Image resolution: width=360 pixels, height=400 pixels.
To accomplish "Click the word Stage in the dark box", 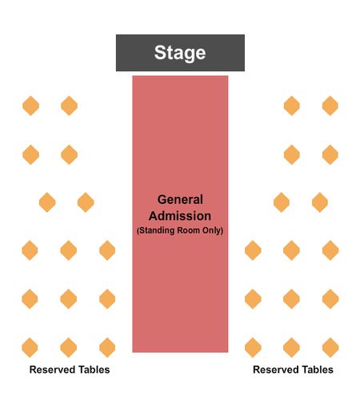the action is [x=180, y=53].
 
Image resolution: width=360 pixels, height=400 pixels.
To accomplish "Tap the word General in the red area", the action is [x=180, y=199].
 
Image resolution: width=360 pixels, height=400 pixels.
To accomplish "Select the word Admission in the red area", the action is [x=180, y=216].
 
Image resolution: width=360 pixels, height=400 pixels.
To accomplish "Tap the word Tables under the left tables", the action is [x=92, y=370].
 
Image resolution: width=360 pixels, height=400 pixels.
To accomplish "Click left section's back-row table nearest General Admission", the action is [x=107, y=347].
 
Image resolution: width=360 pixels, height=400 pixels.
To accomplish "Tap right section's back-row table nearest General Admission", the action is [x=253, y=347].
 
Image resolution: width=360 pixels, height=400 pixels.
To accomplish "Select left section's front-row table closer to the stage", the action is [x=69, y=106].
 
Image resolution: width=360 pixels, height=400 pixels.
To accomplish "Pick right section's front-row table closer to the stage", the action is [x=292, y=106].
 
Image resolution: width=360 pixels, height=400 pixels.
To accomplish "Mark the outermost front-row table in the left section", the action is [x=30, y=106].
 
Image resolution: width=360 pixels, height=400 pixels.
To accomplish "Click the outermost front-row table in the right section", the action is [x=330, y=106].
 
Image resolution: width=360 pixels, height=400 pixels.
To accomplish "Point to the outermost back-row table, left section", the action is [x=30, y=347].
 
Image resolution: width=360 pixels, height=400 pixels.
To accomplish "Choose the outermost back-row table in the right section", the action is [x=330, y=347].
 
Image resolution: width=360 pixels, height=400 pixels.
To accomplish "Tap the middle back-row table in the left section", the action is [x=69, y=347].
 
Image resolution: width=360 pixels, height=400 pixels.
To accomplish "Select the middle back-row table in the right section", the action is [x=291, y=347].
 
